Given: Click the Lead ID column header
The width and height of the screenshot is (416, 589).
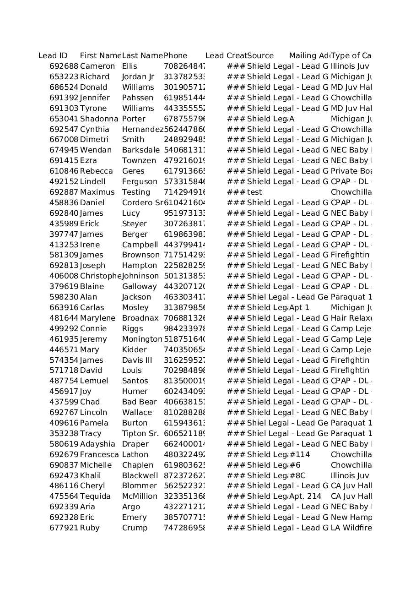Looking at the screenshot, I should [53, 56].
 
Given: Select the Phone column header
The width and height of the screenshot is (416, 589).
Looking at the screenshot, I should [175, 56].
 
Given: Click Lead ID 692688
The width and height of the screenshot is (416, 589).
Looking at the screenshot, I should [64, 66].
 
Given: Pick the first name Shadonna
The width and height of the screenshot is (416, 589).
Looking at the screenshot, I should [99, 119].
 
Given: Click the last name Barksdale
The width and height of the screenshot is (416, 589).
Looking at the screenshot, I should [140, 150].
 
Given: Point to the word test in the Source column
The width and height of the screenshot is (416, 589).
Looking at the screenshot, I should [254, 192].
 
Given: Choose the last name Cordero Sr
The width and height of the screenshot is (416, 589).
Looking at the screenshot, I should [142, 203].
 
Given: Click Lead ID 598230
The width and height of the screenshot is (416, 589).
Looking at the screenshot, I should [64, 297].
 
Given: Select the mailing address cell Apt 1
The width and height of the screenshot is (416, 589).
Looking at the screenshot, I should [299, 308].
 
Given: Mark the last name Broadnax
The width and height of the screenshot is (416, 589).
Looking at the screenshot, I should [140, 318].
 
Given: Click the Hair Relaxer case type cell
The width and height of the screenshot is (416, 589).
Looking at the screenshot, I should [351, 318].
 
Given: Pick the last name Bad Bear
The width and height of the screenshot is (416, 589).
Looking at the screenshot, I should [139, 402].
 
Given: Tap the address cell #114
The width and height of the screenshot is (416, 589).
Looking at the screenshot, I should [299, 455].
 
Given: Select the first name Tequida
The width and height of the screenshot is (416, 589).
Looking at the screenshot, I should [95, 496].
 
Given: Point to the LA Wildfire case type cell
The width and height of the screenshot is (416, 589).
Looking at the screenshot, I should [351, 528].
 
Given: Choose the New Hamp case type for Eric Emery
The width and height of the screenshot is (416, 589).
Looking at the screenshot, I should [351, 518].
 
